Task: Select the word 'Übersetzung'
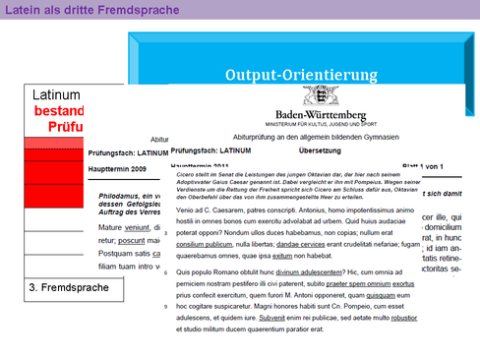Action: pyautogui.click(x=320, y=150)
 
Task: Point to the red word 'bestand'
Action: pyautogui.click(x=59, y=111)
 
